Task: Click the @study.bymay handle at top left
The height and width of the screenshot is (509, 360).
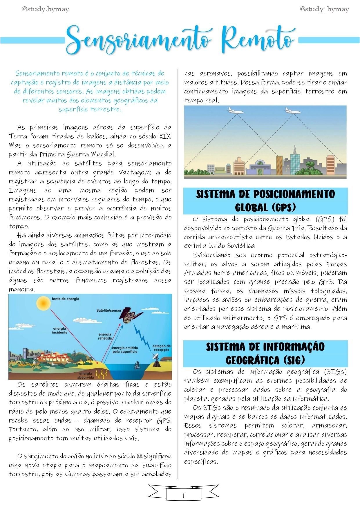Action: coord(45,9)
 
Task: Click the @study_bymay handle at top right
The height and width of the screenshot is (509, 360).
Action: coord(324,9)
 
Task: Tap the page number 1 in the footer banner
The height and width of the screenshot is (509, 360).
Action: coord(183,495)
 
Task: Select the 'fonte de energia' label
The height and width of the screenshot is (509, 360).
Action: coord(65,299)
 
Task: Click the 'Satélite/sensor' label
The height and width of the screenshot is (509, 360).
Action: coord(109,311)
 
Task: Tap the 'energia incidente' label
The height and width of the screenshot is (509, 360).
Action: coord(59,331)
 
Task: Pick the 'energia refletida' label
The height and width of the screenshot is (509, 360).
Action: coord(105,336)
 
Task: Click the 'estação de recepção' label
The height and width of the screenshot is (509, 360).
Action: coord(161,348)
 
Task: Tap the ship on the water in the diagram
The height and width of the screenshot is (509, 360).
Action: coord(137,365)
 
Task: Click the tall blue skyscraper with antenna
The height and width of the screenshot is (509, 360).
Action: coord(295,161)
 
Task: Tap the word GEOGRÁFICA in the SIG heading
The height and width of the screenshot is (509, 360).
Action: coord(252,360)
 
